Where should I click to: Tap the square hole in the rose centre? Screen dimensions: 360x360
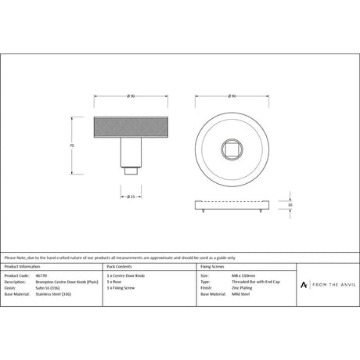[232, 147]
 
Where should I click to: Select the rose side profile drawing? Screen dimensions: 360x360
[232, 205]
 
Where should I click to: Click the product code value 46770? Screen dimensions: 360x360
[41, 276]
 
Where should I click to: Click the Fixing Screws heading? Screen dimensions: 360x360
[214, 267]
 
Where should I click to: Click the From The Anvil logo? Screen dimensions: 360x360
[326, 285]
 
